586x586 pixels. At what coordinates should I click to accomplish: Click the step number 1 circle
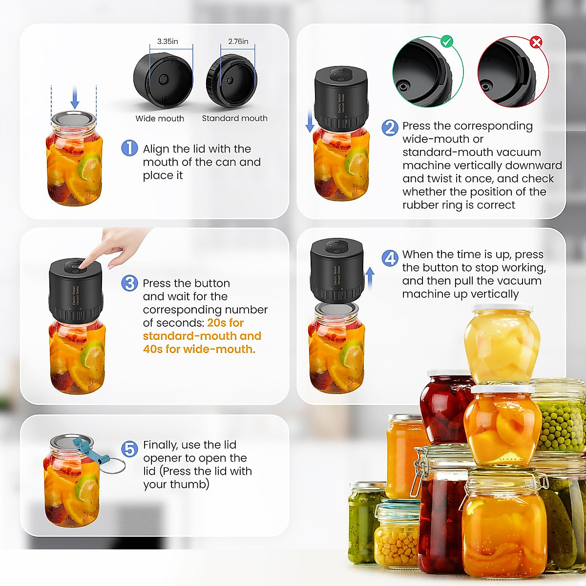129,148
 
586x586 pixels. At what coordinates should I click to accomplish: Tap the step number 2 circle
390,127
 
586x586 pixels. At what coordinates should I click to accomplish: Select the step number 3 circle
129,283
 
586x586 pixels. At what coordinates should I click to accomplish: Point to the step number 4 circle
390,258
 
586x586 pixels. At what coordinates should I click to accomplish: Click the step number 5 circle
129,449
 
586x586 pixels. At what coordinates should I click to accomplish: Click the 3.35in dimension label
167,42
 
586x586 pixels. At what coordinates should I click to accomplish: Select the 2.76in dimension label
238,42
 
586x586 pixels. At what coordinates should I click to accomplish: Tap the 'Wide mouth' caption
160,119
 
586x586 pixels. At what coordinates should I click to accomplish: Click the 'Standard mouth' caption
234,118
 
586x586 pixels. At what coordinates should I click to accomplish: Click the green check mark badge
446,42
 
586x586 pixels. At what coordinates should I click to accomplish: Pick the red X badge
536,42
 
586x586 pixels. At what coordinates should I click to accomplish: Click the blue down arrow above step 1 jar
75,98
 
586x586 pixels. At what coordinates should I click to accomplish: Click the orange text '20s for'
225,323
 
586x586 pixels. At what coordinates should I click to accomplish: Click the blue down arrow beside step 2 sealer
310,121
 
